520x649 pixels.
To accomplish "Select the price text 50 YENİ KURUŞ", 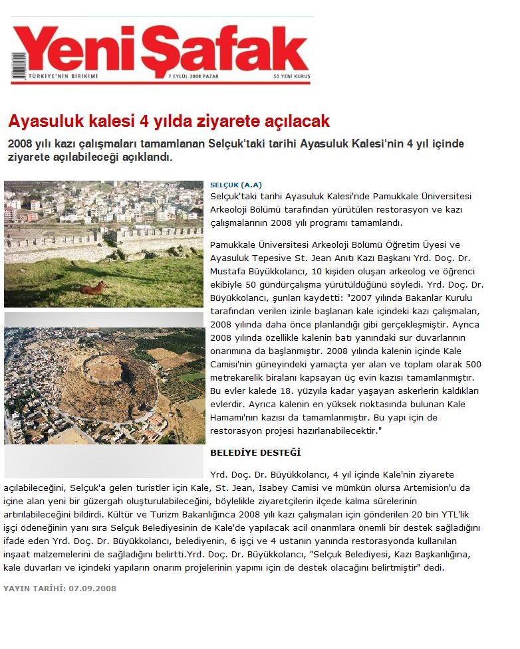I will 291,77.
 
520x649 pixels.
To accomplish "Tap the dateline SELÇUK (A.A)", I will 235,184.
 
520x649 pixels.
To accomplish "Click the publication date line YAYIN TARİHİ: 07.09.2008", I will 60,589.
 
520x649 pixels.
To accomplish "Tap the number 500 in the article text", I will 473,364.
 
